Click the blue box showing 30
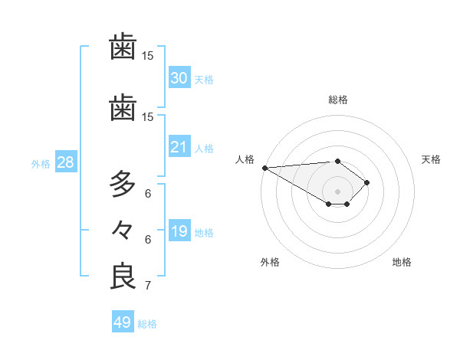pyautogui.click(x=179, y=78)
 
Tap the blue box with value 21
pyautogui.click(x=179, y=147)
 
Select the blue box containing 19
pyautogui.click(x=179, y=231)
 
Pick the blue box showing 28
pyautogui.click(x=64, y=162)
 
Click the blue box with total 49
pyautogui.click(x=122, y=322)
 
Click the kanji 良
pyautogui.click(x=123, y=276)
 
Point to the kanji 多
pyautogui.click(x=123, y=184)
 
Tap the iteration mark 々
pyautogui.click(x=123, y=230)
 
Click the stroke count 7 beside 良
pyautogui.click(x=147, y=286)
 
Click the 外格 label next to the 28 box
pyautogui.click(x=41, y=163)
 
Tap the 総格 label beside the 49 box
pyautogui.click(x=147, y=324)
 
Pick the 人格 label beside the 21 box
pyautogui.click(x=204, y=148)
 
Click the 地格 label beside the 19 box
pyautogui.click(x=204, y=232)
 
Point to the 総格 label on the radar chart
pyautogui.click(x=337, y=100)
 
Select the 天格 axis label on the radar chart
pyautogui.click(x=431, y=159)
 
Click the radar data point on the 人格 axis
pyautogui.click(x=264, y=168)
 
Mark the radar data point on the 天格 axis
pyautogui.click(x=368, y=182)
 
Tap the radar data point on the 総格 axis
pyautogui.click(x=337, y=161)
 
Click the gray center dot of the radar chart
pyautogui.click(x=337, y=191)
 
